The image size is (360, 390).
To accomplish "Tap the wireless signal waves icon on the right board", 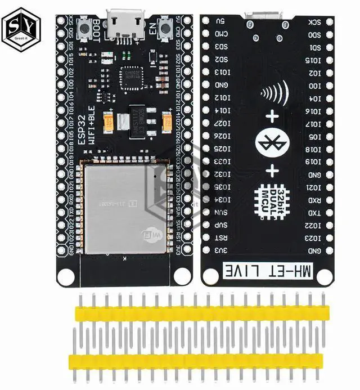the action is coord(276,92).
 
